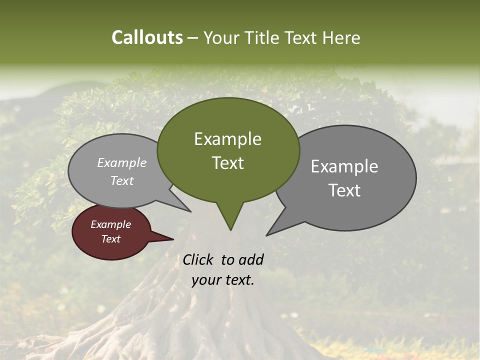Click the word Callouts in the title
pyautogui.click(x=147, y=37)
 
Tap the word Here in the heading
pyautogui.click(x=341, y=37)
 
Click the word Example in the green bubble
pyautogui.click(x=227, y=139)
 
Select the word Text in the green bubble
pyautogui.click(x=227, y=163)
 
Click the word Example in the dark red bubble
pyautogui.click(x=110, y=224)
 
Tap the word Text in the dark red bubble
pyautogui.click(x=110, y=239)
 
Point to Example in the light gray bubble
pyautogui.click(x=121, y=162)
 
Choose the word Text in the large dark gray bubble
pyautogui.click(x=344, y=190)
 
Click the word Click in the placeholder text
pyautogui.click(x=198, y=259)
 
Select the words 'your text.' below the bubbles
pyautogui.click(x=223, y=280)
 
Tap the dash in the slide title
pyautogui.click(x=193, y=37)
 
